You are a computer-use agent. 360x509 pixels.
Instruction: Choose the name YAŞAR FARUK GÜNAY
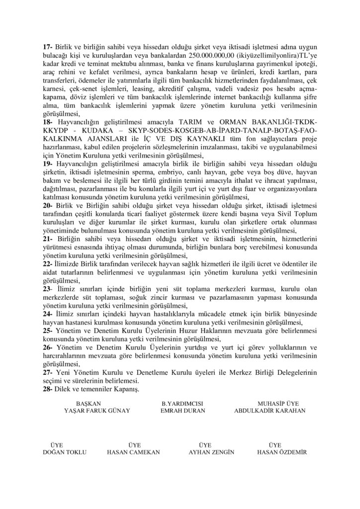tap(93, 411)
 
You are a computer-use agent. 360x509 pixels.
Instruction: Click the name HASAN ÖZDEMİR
tap(282, 452)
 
